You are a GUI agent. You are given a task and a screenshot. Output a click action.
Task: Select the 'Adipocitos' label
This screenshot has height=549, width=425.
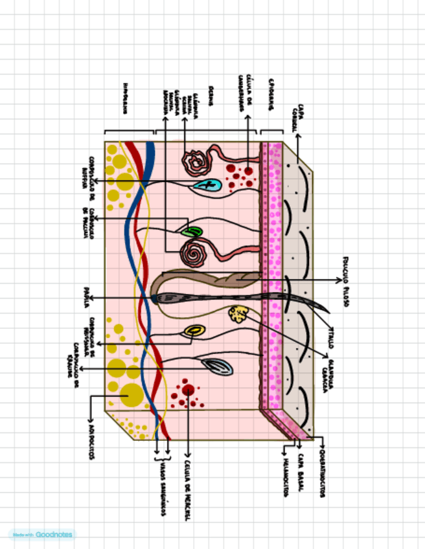point(90,444)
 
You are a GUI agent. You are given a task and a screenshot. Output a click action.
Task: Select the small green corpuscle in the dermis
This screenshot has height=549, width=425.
point(192,231)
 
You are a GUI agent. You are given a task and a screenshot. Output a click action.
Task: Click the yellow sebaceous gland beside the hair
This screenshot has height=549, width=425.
point(238,315)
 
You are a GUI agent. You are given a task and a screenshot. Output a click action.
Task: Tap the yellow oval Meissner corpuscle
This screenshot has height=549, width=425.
point(193,331)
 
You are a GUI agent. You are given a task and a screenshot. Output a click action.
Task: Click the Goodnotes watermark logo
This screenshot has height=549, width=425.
point(42,535)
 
